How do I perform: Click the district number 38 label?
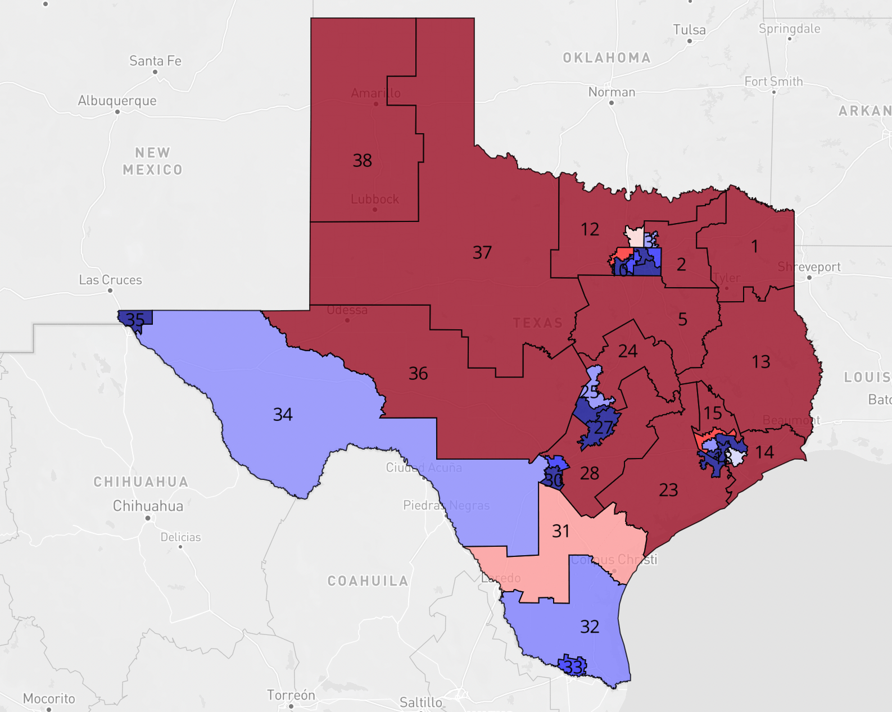pyautogui.click(x=362, y=161)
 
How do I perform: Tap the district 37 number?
pyautogui.click(x=482, y=253)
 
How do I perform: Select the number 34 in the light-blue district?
pyautogui.click(x=283, y=415)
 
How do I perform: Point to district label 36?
pyautogui.click(x=418, y=374)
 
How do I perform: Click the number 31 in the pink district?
pyautogui.click(x=560, y=531)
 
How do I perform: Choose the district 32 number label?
pyautogui.click(x=590, y=627)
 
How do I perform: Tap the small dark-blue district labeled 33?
pyautogui.click(x=573, y=666)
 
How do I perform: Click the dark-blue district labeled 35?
pyautogui.click(x=135, y=319)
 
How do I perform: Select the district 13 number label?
pyautogui.click(x=761, y=362)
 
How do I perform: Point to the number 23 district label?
pyautogui.click(x=668, y=491)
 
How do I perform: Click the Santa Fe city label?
pyautogui.click(x=155, y=61)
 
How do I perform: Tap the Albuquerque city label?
pyautogui.click(x=117, y=101)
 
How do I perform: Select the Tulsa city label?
pyautogui.click(x=689, y=30)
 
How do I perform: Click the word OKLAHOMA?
pyautogui.click(x=606, y=58)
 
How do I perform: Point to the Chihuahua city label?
pyautogui.click(x=148, y=506)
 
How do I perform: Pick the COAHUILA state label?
pyautogui.click(x=368, y=581)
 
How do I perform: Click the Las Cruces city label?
pyautogui.click(x=110, y=280)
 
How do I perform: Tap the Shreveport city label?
pyautogui.click(x=809, y=267)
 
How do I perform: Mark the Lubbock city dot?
pyautogui.click(x=375, y=210)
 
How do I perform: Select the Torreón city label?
pyautogui.click(x=291, y=695)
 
